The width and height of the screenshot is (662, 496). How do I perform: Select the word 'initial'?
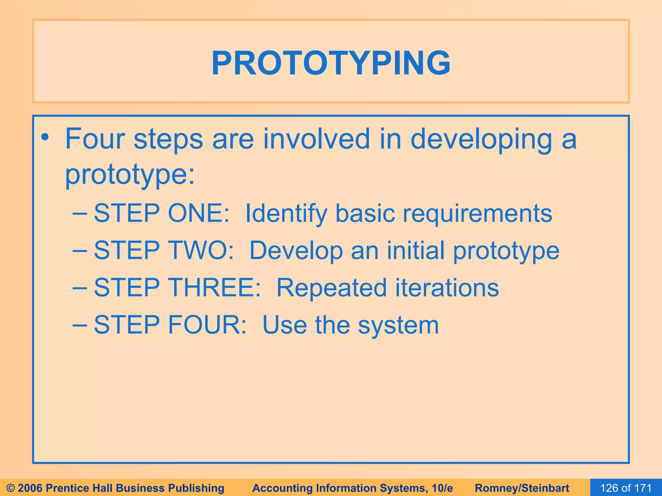416,250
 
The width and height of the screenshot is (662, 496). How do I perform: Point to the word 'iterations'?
447,287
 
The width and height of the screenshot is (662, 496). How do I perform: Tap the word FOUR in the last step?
207,325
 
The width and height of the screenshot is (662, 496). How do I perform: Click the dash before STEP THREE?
80,287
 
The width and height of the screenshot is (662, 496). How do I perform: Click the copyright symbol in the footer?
11,488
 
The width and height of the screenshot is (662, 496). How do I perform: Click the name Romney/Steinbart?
522,488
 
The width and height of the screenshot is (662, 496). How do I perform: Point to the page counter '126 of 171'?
626,488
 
